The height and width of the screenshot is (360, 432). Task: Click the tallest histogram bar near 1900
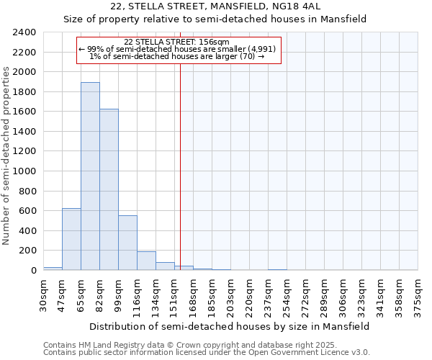click(x=90, y=176)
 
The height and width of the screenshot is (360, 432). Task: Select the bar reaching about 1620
click(x=109, y=189)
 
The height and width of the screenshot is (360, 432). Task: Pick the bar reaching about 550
click(x=127, y=243)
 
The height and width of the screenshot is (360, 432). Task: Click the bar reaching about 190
click(x=146, y=261)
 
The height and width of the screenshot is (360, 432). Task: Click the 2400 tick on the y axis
click(x=25, y=32)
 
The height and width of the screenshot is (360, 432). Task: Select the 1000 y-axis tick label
click(x=25, y=171)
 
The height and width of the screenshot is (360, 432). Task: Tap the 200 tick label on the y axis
click(x=27, y=251)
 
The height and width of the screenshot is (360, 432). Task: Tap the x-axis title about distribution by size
click(x=230, y=326)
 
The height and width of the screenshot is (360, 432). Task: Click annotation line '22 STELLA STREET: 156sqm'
click(x=176, y=42)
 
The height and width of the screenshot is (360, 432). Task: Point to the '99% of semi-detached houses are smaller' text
click(x=176, y=49)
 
